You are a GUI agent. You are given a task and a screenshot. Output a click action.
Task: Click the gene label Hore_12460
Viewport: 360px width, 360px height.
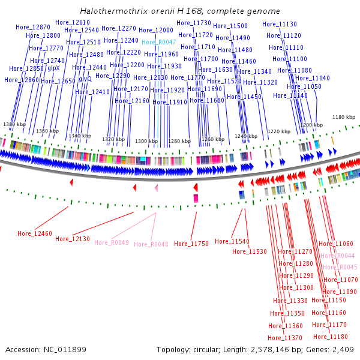(x=35, y=233)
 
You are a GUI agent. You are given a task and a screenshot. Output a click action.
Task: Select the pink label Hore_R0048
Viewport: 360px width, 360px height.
(x=151, y=244)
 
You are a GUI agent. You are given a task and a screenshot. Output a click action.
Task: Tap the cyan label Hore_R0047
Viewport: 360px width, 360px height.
(x=159, y=42)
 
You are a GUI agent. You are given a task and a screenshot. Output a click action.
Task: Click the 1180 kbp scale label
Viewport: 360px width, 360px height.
(x=344, y=117)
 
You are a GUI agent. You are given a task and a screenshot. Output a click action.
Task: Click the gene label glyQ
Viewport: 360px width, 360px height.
(x=85, y=79)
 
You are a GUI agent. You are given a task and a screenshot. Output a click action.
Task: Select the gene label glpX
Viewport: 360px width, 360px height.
(x=53, y=67)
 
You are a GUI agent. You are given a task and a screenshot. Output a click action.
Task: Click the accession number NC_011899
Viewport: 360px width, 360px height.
(x=62, y=349)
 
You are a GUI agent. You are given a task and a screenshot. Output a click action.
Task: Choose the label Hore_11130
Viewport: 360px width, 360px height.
(x=280, y=25)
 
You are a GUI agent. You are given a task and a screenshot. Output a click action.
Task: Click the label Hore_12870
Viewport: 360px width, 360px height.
(x=33, y=28)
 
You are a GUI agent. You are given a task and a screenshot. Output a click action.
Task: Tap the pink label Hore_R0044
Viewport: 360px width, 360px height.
(x=338, y=256)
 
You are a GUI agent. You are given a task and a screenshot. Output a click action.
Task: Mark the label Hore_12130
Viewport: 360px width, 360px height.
(x=73, y=239)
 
